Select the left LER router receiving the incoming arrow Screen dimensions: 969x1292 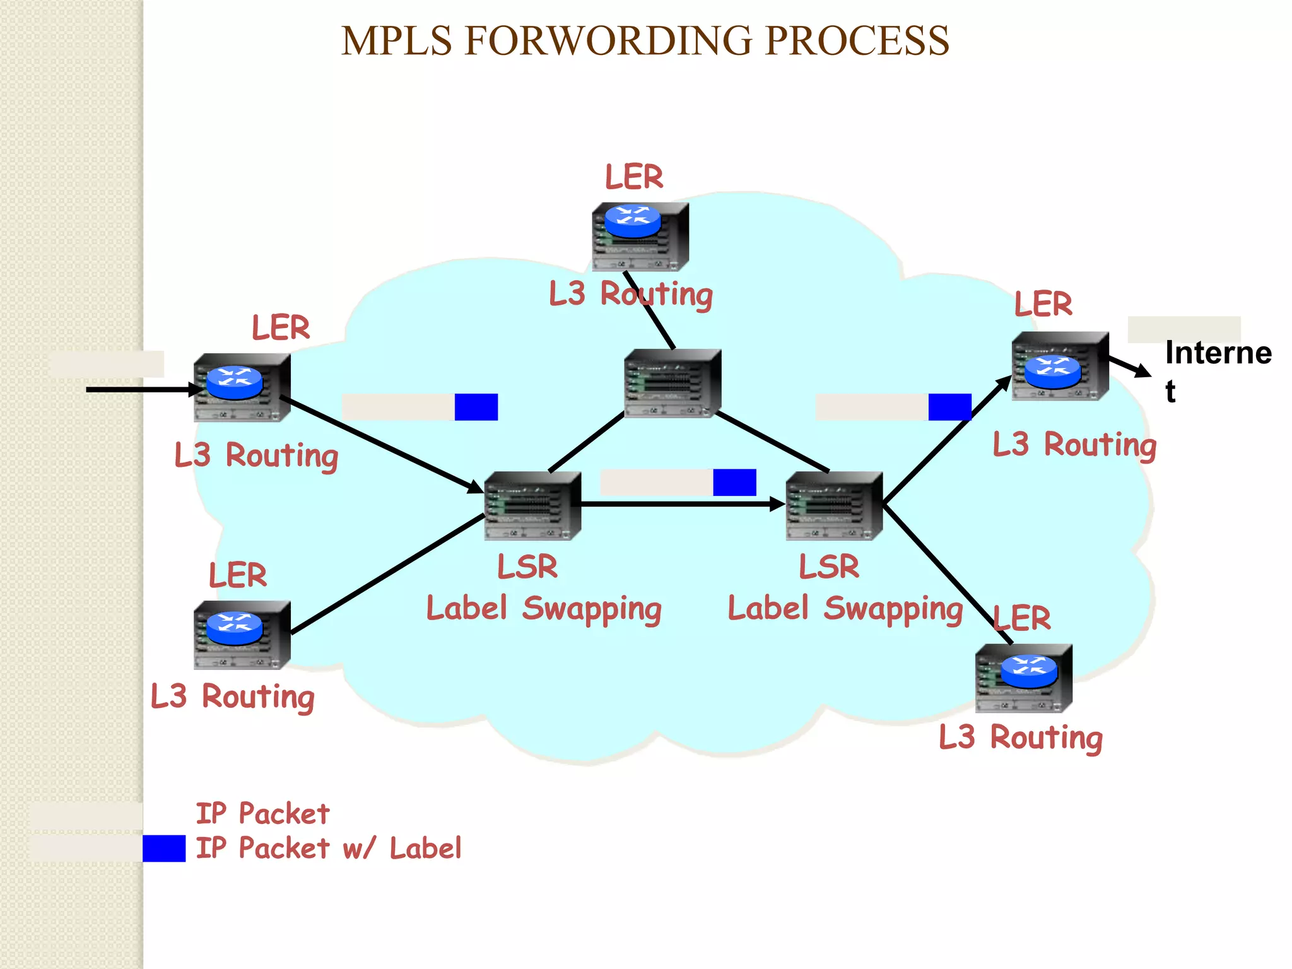[242, 387]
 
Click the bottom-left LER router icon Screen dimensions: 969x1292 [242, 635]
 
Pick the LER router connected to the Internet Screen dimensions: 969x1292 [1060, 366]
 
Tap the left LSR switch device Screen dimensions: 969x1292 [532, 506]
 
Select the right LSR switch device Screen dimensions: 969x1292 [834, 506]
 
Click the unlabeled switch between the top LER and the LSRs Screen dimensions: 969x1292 [672, 383]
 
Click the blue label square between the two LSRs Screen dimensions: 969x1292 [734, 483]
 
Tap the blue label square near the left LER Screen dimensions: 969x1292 [476, 407]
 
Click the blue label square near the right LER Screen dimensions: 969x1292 [949, 407]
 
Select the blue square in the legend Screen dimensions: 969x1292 [164, 849]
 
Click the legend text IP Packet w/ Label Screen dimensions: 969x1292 [328, 849]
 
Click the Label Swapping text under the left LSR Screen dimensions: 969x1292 [544, 609]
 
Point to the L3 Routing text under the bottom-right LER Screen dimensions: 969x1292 [1020, 737]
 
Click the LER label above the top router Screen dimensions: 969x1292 [634, 177]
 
